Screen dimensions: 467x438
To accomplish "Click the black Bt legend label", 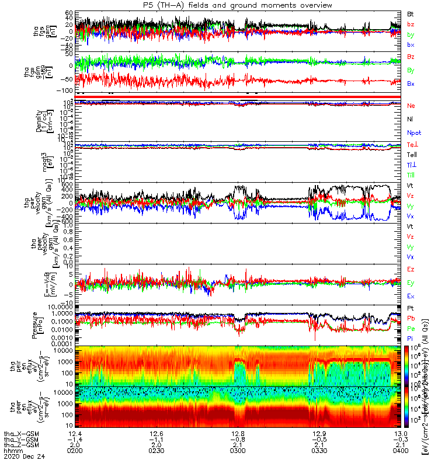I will [411, 13].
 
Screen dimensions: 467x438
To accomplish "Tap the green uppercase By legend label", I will [412, 70].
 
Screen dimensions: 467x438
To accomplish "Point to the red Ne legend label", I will [412, 105].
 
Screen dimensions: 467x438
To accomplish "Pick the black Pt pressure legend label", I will [411, 308].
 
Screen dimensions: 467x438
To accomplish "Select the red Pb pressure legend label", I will [411, 318].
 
